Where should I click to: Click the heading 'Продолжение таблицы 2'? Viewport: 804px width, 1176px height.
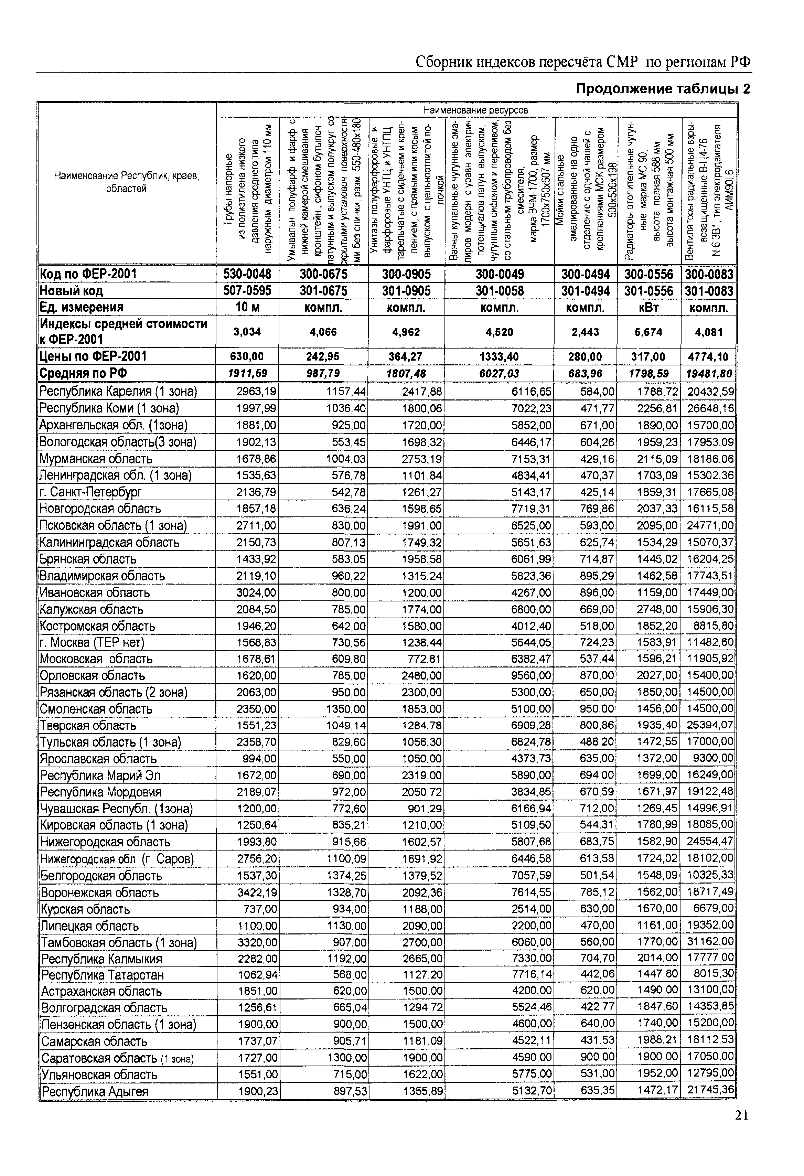tap(663, 89)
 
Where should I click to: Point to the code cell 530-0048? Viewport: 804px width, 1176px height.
tap(247, 274)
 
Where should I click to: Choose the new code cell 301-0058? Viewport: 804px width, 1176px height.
tap(500, 291)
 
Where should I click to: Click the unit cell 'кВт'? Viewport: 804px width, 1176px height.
tap(648, 308)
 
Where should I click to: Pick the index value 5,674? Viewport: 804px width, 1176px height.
tap(648, 332)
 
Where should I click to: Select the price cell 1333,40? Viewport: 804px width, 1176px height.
tap(500, 357)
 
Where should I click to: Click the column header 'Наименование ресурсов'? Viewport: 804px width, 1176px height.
tap(475, 110)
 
